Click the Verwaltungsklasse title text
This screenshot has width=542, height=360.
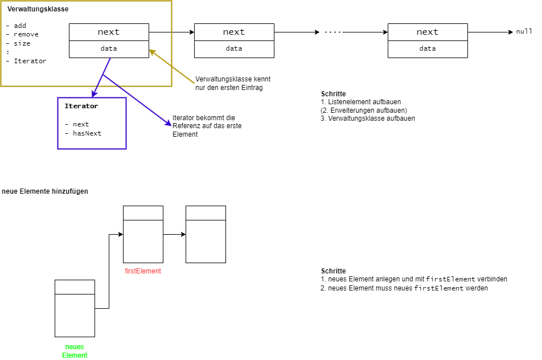38,9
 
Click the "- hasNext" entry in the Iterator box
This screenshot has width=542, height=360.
83,133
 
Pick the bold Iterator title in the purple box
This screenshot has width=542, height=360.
81,106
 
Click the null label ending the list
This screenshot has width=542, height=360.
524,32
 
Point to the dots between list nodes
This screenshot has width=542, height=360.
332,32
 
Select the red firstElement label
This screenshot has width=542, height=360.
143,271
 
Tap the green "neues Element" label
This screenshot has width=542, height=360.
75,351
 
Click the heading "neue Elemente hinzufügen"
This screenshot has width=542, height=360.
45,191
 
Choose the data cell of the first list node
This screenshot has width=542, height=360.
109,49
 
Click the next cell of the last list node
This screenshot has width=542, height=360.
428,32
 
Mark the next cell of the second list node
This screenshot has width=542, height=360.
234,32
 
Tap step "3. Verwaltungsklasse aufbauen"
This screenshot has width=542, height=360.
368,118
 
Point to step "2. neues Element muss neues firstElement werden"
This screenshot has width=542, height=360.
404,288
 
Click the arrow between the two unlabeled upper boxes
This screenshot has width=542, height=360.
174,234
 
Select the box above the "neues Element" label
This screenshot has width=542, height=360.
75,308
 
